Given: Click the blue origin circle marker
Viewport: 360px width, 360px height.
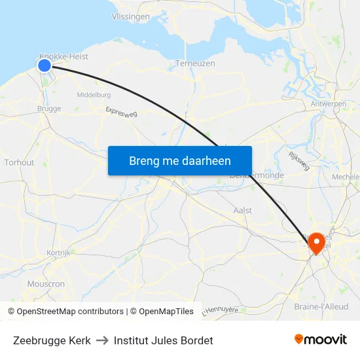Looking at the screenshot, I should pyautogui.click(x=45, y=65).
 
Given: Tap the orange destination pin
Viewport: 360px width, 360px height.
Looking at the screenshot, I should pyautogui.click(x=317, y=242).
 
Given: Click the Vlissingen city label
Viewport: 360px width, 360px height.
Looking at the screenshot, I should pyautogui.click(x=131, y=17).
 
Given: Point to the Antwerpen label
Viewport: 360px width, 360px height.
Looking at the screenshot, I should pyautogui.click(x=329, y=104).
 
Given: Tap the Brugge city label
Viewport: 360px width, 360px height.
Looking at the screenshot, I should pyautogui.click(x=49, y=109).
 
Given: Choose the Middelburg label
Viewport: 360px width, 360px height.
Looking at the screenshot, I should pyautogui.click(x=94, y=95).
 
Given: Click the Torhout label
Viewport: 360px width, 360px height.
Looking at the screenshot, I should pyautogui.click(x=18, y=162).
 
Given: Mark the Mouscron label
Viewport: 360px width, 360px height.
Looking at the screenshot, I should pyautogui.click(x=46, y=284).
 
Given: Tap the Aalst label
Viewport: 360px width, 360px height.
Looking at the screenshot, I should pyautogui.click(x=243, y=210).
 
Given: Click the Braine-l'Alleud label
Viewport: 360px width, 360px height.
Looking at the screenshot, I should pyautogui.click(x=321, y=306).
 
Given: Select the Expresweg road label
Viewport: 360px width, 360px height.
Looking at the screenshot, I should pyautogui.click(x=121, y=113).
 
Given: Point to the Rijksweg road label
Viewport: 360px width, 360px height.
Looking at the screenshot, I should pyautogui.click(x=298, y=161).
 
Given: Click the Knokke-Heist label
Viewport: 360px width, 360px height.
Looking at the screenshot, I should pyautogui.click(x=63, y=56).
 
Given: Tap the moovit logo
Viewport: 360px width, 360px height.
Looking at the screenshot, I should pyautogui.click(x=320, y=339).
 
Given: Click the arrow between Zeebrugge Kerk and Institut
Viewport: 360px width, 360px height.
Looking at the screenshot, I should pyautogui.click(x=102, y=340).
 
